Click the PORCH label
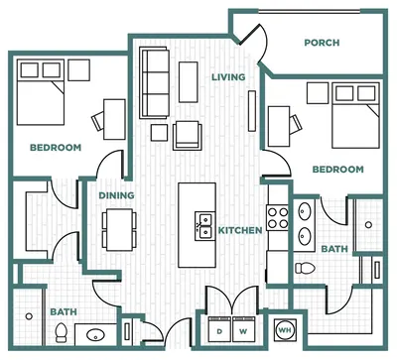click(322, 43)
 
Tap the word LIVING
click(228, 77)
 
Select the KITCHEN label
click(240, 230)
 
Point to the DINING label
click(116, 195)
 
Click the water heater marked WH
click(285, 330)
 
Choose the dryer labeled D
click(219, 329)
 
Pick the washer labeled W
click(243, 329)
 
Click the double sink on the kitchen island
click(203, 226)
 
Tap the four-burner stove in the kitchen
click(278, 218)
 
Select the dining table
click(119, 229)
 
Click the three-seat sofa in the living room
click(155, 82)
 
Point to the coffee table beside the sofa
click(189, 82)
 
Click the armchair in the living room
click(187, 135)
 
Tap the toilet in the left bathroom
click(61, 332)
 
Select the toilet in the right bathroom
click(305, 268)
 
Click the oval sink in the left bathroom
click(95, 335)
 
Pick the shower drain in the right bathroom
click(368, 225)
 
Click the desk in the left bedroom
click(114, 119)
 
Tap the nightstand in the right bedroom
click(318, 93)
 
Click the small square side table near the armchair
click(159, 133)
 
